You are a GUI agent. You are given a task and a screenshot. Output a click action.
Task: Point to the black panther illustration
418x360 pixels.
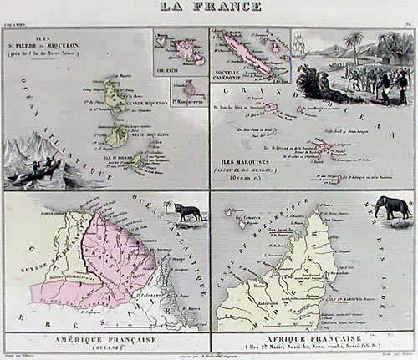(186, 212)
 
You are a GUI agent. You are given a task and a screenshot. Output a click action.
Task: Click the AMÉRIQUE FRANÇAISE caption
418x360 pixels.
(104, 339)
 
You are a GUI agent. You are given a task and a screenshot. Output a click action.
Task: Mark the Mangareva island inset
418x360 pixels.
(192, 88)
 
